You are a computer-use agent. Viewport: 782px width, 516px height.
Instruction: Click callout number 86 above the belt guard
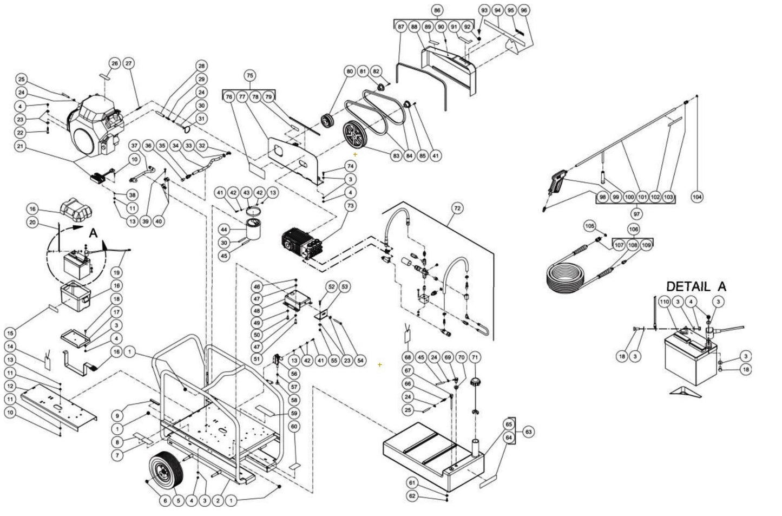[437, 10]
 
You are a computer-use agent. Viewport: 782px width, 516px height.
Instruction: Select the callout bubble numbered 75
[249, 75]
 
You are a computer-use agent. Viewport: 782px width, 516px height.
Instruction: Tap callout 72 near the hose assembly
[457, 208]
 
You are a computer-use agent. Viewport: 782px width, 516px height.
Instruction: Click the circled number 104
[697, 197]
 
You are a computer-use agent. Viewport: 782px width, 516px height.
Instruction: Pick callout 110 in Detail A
[663, 302]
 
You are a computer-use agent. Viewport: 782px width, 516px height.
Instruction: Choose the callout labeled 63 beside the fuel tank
[528, 432]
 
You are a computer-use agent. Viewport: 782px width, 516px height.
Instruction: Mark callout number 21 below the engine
[21, 146]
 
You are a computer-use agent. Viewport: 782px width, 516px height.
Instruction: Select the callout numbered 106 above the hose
[633, 229]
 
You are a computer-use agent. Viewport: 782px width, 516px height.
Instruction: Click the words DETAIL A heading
[695, 286]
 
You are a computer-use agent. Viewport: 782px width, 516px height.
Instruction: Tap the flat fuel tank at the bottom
[433, 449]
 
